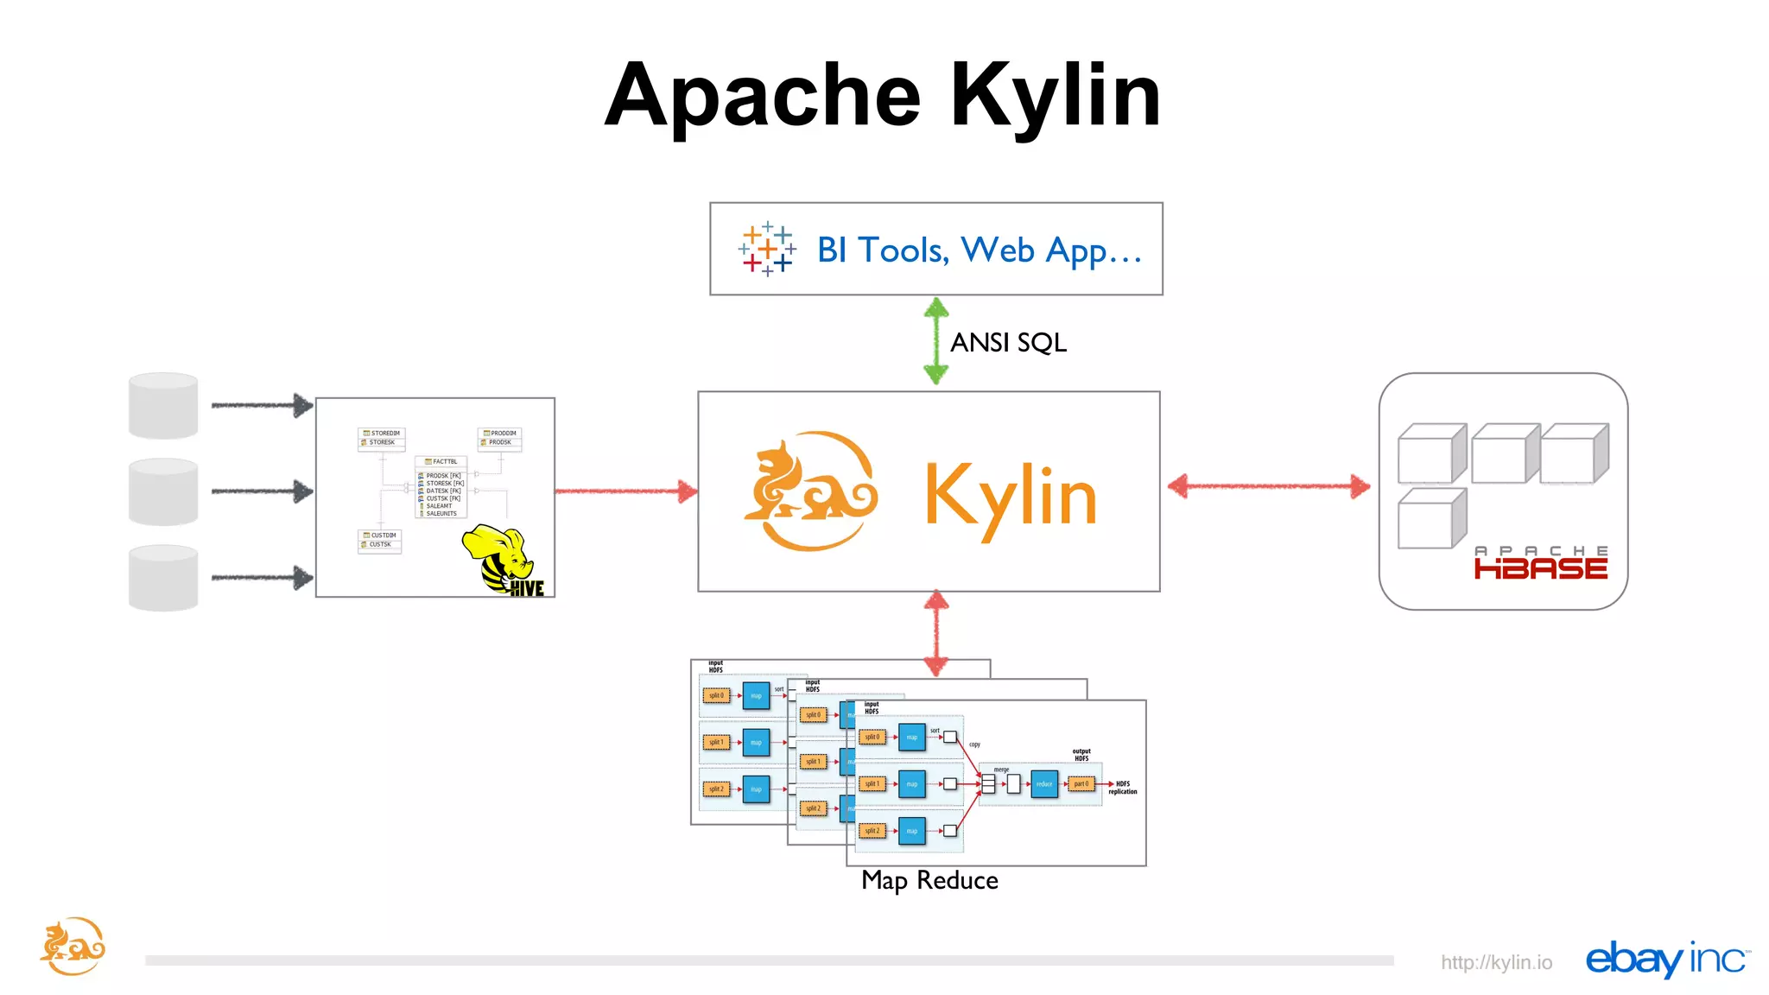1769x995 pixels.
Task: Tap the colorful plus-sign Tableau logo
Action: (x=766, y=249)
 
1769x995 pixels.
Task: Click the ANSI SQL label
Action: (x=1008, y=343)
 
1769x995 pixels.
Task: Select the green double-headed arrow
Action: (x=936, y=341)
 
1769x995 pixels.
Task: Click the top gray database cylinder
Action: (x=163, y=405)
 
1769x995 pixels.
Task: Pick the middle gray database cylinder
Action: (x=163, y=491)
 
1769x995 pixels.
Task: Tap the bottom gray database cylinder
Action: (x=163, y=577)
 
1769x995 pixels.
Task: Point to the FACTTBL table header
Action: (x=441, y=462)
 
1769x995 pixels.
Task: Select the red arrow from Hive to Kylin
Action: (x=625, y=491)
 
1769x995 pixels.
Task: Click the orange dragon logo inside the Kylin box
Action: (x=809, y=491)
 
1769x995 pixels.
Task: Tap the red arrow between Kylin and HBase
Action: (x=1268, y=486)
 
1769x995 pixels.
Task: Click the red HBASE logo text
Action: (x=1540, y=568)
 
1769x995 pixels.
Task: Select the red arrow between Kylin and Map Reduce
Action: (x=936, y=632)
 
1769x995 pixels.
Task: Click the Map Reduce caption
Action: (x=929, y=880)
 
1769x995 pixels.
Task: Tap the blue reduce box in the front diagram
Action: (x=1044, y=784)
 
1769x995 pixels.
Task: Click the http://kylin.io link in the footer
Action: (x=1496, y=962)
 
